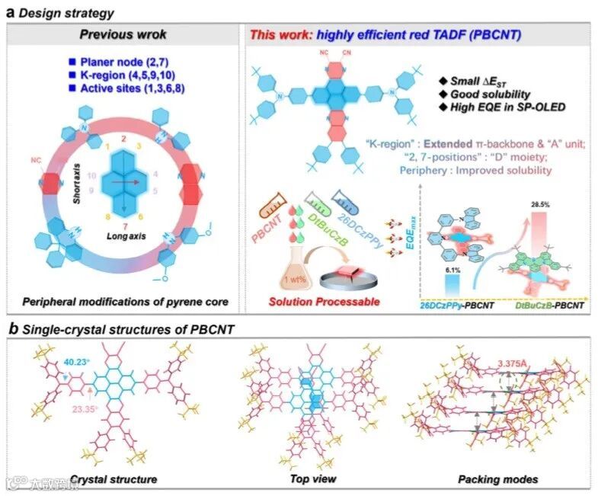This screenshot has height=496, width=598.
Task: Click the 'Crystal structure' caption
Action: coord(114,479)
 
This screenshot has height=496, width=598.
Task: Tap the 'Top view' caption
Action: coord(310,479)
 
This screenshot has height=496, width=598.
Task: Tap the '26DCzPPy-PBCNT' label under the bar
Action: coord(455,306)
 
